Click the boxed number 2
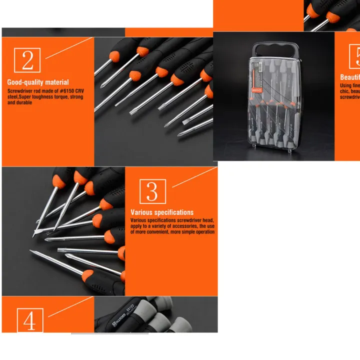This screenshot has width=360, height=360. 27,60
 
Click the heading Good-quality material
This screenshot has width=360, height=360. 38,82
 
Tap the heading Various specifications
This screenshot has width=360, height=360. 162,212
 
